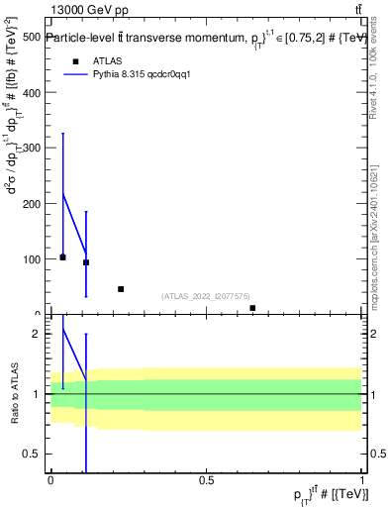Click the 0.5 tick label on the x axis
pos(206,480)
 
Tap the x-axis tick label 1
pos(362,480)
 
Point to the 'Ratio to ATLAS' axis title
pos(14,393)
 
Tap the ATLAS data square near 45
pos(121,289)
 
